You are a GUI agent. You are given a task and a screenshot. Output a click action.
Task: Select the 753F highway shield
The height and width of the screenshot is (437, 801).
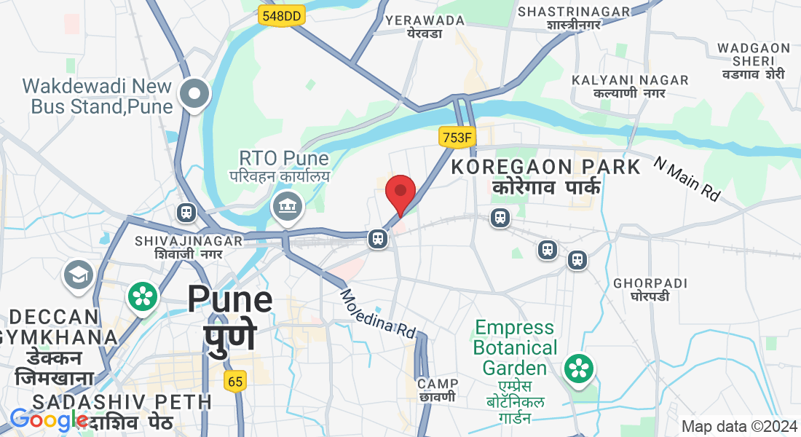(x=457, y=136)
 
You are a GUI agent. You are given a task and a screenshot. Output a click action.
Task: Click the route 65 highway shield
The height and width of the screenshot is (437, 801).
(x=234, y=381)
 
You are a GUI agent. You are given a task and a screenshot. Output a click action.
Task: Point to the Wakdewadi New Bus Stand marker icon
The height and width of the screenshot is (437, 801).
(x=195, y=94)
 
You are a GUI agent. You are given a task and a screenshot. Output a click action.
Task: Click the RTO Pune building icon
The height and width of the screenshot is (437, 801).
(x=288, y=207)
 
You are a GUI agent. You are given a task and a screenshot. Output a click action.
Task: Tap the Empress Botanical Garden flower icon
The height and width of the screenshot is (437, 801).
(x=578, y=367)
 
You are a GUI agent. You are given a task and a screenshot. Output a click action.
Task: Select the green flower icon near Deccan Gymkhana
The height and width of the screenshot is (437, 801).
(x=143, y=296)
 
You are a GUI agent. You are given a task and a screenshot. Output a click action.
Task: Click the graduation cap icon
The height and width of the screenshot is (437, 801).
(x=79, y=275)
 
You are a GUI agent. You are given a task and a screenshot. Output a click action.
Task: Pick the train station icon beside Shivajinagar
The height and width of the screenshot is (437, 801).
(x=186, y=213)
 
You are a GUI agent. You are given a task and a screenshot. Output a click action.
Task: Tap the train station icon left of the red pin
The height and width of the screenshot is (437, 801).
(x=377, y=238)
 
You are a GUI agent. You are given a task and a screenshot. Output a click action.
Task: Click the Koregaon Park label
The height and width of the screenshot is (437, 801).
(x=546, y=176)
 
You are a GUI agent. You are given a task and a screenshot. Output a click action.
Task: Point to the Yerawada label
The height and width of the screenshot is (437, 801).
(x=425, y=26)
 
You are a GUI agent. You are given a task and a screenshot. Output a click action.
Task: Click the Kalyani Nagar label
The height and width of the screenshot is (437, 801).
(x=630, y=86)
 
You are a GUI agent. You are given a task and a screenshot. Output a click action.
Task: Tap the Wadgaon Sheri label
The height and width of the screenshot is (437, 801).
(x=754, y=60)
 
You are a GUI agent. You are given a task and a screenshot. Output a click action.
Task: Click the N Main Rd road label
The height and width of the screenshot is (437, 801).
(x=686, y=178)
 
